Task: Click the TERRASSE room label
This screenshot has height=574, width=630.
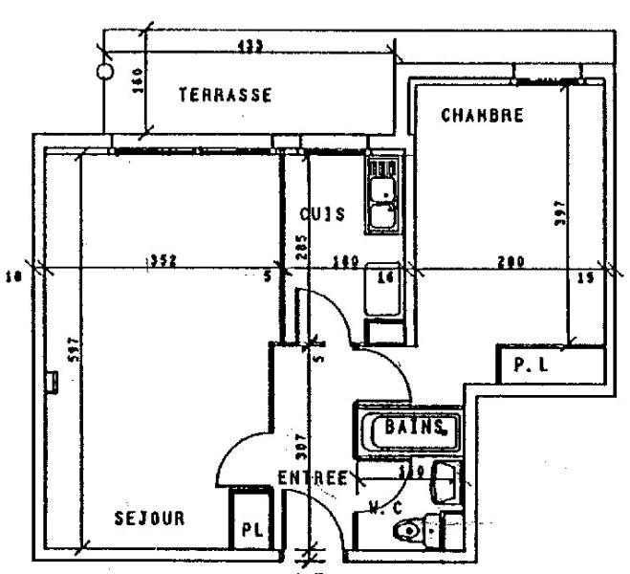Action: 226,95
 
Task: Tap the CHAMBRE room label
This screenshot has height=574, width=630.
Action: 482,116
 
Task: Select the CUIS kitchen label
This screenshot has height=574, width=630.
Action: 321,214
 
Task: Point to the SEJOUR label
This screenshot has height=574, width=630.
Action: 148,519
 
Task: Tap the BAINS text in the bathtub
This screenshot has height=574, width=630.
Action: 414,427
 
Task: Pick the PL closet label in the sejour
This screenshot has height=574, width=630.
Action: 250,528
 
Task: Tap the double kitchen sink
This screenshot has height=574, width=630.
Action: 383,195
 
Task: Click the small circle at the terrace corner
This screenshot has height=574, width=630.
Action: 106,71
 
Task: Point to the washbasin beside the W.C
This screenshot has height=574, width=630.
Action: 445,480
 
